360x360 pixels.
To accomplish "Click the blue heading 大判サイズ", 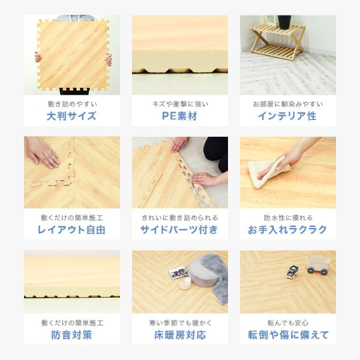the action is [71, 116].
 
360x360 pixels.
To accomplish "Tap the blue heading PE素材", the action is [179, 116].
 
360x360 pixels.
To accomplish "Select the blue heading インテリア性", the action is [287, 116].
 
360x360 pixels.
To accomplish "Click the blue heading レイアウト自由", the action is [71, 230].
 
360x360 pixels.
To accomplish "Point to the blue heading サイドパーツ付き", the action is [179, 230].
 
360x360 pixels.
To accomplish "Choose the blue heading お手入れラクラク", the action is [287, 230].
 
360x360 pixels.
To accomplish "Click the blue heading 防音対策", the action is [71, 335].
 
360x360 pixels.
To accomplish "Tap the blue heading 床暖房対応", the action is [180, 335].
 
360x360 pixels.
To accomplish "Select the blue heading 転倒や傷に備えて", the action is [288, 335].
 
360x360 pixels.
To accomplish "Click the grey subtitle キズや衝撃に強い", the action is [181, 104].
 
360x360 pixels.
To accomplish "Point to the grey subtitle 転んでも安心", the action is [288, 323].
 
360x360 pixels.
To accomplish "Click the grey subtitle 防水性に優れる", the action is [288, 218].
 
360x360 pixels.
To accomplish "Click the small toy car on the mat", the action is [292, 272].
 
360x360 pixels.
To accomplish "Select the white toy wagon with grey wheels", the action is [319, 265].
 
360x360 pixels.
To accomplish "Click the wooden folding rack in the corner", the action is [278, 42].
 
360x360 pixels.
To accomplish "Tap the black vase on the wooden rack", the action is [284, 22].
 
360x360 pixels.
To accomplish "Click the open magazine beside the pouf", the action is [178, 272].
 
